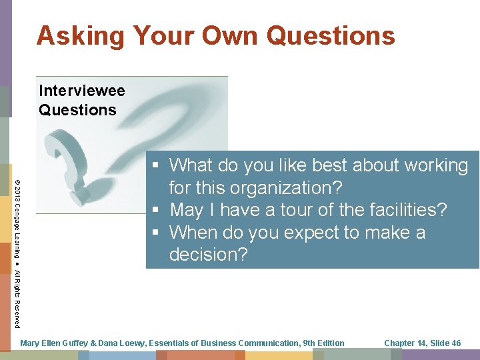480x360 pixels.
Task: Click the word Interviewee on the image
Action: click(82, 90)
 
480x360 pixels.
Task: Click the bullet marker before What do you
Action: click(155, 165)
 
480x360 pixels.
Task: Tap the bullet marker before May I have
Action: click(155, 211)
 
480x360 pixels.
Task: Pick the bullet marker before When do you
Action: click(155, 233)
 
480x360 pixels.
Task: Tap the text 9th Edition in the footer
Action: click(323, 343)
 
